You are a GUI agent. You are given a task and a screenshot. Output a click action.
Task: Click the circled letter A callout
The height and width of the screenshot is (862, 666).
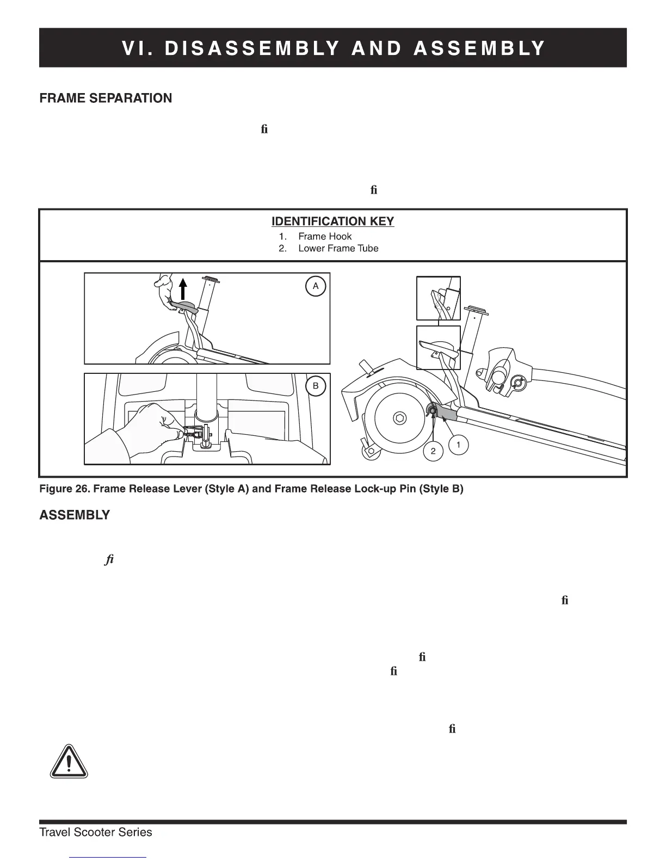(x=316, y=286)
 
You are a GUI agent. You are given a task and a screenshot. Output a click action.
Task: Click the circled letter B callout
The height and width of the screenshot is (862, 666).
(x=316, y=386)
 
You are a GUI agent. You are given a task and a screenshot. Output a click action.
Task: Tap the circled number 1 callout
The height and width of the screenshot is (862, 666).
(x=458, y=445)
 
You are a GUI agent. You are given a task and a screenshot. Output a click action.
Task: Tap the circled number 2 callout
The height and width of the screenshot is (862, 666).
(x=433, y=451)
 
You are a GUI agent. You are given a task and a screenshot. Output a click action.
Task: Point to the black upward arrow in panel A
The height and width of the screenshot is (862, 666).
(x=183, y=287)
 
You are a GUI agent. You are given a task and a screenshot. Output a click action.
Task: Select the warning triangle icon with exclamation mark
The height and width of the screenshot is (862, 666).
(x=69, y=761)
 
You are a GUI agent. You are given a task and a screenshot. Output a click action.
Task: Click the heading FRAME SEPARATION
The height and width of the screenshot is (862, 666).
(x=106, y=98)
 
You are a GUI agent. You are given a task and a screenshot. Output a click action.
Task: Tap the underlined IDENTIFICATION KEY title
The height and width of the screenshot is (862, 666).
(x=332, y=221)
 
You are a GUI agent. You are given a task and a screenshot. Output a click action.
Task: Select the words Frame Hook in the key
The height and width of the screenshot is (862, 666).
(x=325, y=237)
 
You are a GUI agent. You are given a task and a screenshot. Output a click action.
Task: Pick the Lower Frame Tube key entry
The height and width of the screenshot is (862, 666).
(x=338, y=249)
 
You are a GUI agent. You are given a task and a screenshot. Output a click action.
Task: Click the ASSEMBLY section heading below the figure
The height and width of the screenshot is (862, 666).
(x=75, y=515)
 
